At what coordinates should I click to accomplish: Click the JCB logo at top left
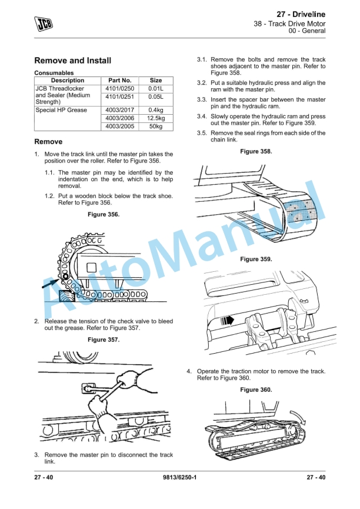(43, 23)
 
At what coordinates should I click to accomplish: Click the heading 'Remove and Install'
(73, 61)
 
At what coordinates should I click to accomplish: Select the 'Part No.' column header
(119, 81)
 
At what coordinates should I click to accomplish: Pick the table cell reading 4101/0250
(119, 89)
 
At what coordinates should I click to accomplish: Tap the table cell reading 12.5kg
(156, 118)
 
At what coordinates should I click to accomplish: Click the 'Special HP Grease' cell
(61, 110)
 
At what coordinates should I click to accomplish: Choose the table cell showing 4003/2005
(119, 127)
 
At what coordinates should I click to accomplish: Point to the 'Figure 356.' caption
(103, 214)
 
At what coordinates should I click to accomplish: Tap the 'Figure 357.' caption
(103, 340)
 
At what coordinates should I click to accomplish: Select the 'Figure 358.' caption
(256, 152)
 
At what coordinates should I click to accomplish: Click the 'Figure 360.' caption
(256, 390)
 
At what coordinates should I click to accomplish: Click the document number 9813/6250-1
(179, 477)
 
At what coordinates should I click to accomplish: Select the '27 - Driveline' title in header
(300, 14)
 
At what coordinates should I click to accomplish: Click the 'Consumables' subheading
(54, 73)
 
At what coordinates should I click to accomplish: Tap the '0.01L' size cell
(156, 89)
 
